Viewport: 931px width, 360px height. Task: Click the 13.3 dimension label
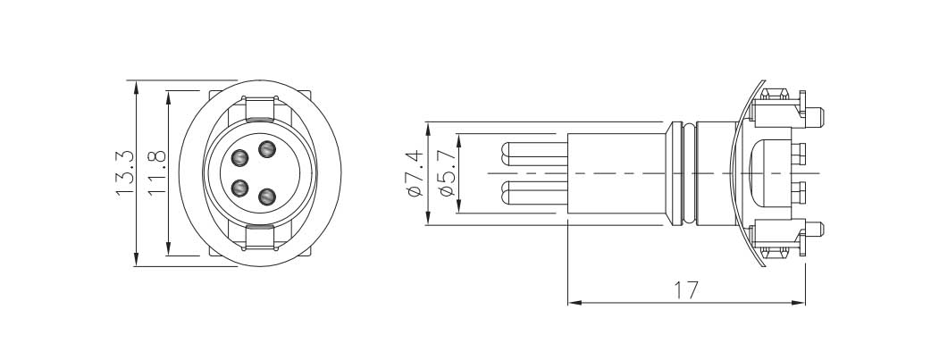click(125, 173)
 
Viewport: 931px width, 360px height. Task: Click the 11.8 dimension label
click(156, 173)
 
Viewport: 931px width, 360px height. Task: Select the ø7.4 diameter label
click(415, 173)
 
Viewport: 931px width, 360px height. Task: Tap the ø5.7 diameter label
click(446, 173)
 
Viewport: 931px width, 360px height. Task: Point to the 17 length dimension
click(686, 290)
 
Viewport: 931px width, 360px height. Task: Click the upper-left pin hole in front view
click(239, 158)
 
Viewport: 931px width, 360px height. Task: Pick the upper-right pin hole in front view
click(267, 149)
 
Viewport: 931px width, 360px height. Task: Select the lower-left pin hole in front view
click(239, 188)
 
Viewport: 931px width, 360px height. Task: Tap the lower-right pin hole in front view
click(267, 196)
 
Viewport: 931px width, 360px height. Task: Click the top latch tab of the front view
click(260, 107)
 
